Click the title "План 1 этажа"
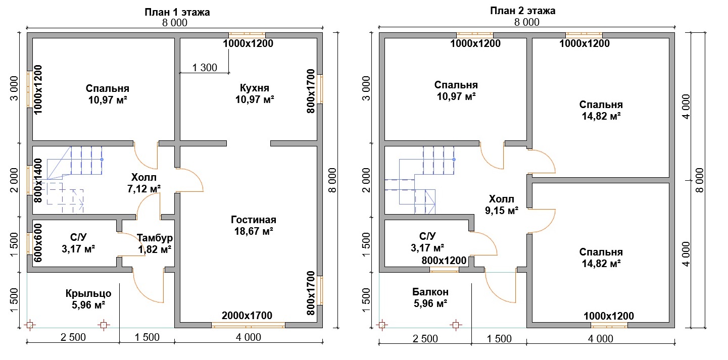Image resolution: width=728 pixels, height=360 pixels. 177,12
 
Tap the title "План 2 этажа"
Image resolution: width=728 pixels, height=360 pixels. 522,11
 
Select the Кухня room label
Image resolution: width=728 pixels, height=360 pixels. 255,88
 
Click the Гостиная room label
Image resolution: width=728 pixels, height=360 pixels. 254,220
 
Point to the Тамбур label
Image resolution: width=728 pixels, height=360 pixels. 155,238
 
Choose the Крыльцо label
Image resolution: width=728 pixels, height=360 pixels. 88,293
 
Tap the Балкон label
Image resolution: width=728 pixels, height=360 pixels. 430,292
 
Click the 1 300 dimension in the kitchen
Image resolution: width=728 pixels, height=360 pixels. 205,67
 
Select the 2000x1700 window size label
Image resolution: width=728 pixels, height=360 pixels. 247,315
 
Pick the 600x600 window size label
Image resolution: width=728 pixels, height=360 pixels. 38,243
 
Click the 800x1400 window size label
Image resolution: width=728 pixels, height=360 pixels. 38,181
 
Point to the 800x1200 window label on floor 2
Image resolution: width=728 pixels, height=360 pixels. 444,260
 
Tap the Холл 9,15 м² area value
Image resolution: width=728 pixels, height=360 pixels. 502,211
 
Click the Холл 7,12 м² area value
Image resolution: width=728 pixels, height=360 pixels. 143,189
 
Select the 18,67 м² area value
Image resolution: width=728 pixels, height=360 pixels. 254,231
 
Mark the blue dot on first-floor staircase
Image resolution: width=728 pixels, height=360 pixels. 102,160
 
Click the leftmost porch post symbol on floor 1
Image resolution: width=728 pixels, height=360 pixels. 30,325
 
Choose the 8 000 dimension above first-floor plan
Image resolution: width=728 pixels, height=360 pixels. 175,23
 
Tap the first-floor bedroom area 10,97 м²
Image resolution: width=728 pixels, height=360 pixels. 108,100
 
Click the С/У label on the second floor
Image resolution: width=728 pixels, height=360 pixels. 427,236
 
